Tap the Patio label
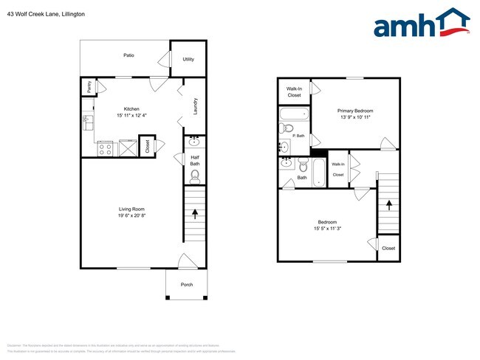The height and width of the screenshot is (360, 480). point(128,55)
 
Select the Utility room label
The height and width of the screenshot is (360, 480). point(188,58)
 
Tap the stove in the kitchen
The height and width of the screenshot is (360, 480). point(105,148)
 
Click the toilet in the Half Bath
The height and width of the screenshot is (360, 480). point(195,176)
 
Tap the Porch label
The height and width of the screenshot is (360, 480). point(186,284)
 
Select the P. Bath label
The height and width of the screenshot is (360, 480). point(299,136)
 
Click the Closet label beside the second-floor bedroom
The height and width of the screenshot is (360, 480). point(388,248)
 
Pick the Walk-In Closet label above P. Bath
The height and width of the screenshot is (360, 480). point(294,91)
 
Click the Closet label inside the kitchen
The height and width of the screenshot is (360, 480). point(148,146)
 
